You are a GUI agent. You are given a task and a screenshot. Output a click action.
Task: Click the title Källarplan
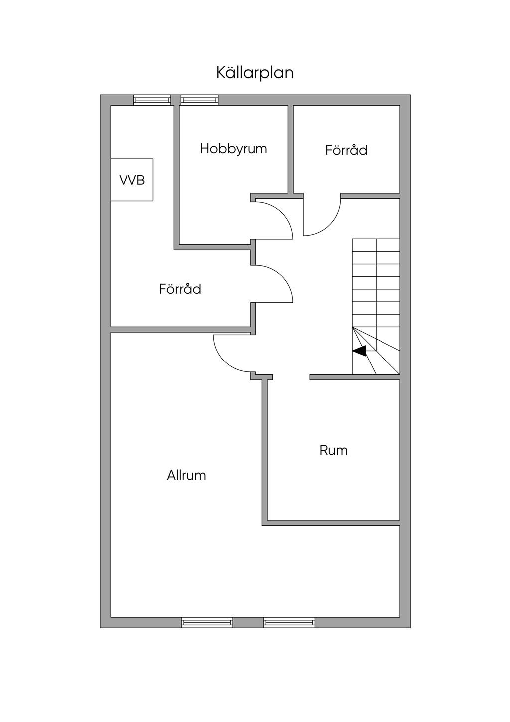tap(255, 73)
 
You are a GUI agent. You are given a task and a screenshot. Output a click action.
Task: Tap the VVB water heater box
tap(132, 180)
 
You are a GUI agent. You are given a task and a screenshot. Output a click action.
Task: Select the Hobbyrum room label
tap(233, 149)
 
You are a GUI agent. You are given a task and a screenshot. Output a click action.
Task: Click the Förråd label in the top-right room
tap(346, 150)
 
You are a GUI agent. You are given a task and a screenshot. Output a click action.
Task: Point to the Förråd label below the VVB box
tap(180, 289)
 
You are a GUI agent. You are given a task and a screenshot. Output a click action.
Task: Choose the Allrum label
tap(186, 476)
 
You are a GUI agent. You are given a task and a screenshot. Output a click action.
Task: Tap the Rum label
tap(333, 451)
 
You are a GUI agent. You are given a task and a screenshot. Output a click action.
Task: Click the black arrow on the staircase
tap(359, 351)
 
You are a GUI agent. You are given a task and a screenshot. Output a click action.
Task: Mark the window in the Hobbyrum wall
tap(199, 100)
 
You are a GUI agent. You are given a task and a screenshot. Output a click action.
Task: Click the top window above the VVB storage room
tap(152, 100)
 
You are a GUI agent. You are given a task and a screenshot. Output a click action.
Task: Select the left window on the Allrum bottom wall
tap(207, 622)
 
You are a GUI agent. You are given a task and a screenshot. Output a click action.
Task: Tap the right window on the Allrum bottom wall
tap(289, 622)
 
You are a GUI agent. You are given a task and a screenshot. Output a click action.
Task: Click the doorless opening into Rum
tap(291, 377)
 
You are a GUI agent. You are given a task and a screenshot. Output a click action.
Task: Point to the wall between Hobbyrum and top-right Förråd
tap(291, 150)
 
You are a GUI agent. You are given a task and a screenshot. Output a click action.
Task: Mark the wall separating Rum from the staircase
tap(355, 377)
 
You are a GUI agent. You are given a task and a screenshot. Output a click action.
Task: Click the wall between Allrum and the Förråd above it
tap(179, 329)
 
